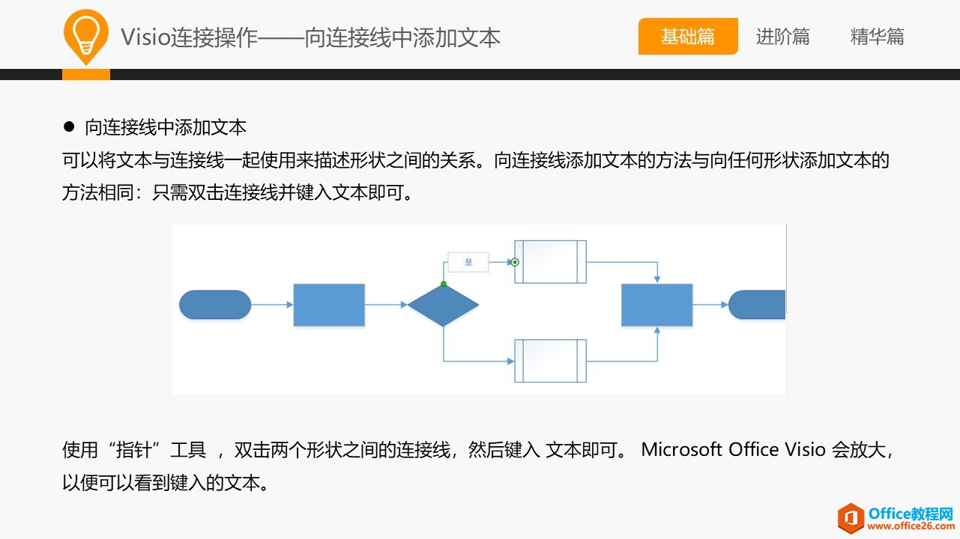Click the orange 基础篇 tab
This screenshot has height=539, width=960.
pyautogui.click(x=688, y=37)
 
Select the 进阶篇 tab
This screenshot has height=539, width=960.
pyautogui.click(x=782, y=37)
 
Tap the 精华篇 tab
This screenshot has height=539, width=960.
pyautogui.click(x=877, y=37)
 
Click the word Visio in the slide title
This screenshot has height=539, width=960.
pyautogui.click(x=145, y=37)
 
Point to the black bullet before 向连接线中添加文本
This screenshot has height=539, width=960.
pyautogui.click(x=69, y=127)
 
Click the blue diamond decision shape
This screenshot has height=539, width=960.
pyautogui.click(x=443, y=305)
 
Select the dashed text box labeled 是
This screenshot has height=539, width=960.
pyautogui.click(x=468, y=262)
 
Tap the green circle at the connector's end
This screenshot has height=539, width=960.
pyautogui.click(x=515, y=262)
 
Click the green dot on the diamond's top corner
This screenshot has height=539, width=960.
pyautogui.click(x=444, y=284)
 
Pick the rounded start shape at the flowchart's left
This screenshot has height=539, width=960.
pyautogui.click(x=215, y=305)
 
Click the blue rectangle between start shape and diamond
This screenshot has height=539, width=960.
pyautogui.click(x=329, y=305)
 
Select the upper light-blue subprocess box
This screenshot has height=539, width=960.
pyautogui.click(x=550, y=262)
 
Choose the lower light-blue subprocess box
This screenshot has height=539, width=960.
pyautogui.click(x=550, y=361)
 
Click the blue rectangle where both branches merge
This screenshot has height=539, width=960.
pyautogui.click(x=656, y=305)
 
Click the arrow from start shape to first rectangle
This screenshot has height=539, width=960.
pyautogui.click(x=271, y=305)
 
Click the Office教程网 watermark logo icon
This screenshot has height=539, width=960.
pyautogui.click(x=851, y=518)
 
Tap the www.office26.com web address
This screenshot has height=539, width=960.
pyautogui.click(x=909, y=526)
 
